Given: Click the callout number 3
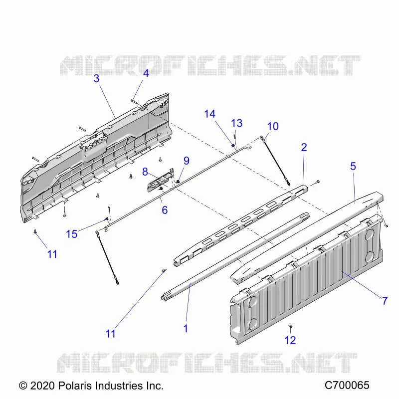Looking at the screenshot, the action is [x=96, y=78].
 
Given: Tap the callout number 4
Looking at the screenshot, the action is [x=146, y=73].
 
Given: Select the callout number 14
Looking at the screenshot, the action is [x=209, y=114].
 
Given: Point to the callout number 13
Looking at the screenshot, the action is [x=236, y=123].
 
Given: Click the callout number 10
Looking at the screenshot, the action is [x=273, y=126].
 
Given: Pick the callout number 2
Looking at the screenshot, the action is [x=304, y=147].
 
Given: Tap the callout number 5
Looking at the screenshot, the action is [x=353, y=167].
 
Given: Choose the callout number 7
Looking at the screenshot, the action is [x=385, y=301].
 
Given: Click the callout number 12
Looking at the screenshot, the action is [x=290, y=340].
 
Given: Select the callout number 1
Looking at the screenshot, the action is [x=186, y=329].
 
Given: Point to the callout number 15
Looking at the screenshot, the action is [x=71, y=234].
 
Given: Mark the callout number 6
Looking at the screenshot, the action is [x=165, y=210].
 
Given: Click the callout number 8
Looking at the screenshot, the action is [x=145, y=172].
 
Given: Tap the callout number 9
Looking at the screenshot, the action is [x=187, y=161].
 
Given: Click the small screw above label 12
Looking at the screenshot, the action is [x=290, y=326].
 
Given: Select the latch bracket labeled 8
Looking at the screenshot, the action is [x=160, y=180].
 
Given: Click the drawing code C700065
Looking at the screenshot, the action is [x=347, y=385].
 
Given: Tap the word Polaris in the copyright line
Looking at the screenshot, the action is [x=75, y=386].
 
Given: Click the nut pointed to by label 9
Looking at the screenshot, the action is [x=178, y=182].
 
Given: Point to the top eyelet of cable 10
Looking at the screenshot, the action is [x=261, y=138].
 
